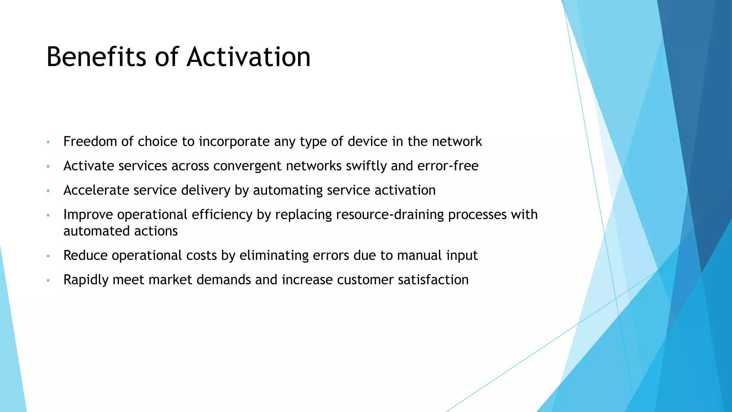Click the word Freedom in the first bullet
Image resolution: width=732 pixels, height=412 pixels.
pyautogui.click(x=90, y=142)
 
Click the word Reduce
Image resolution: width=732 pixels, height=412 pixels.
pyautogui.click(x=85, y=255)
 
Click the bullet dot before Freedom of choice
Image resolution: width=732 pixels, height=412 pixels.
pyautogui.click(x=48, y=142)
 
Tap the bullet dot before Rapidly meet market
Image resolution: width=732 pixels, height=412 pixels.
pyautogui.click(x=48, y=280)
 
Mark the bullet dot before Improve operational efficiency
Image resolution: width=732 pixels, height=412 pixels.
pyautogui.click(x=48, y=215)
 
